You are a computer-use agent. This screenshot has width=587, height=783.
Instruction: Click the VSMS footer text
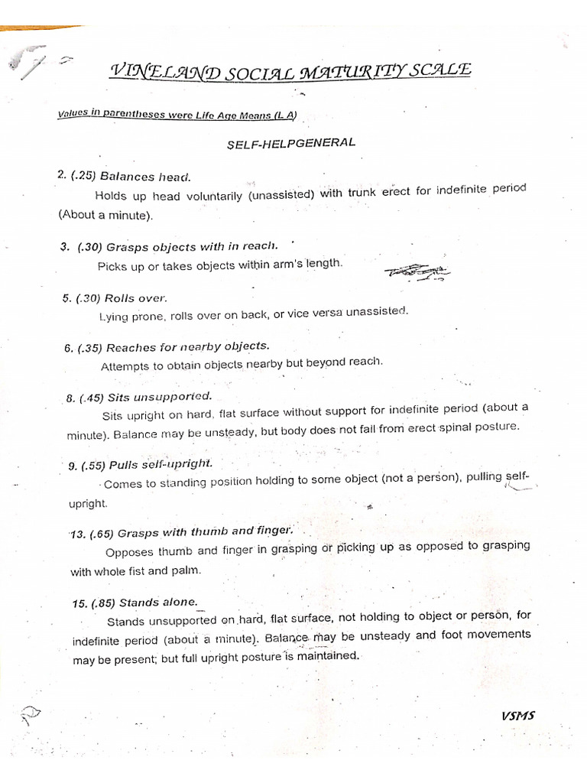(x=518, y=716)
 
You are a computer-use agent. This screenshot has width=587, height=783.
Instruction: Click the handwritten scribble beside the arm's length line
(x=417, y=271)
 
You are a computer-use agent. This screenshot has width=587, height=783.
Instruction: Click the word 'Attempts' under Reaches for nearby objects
(x=125, y=366)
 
